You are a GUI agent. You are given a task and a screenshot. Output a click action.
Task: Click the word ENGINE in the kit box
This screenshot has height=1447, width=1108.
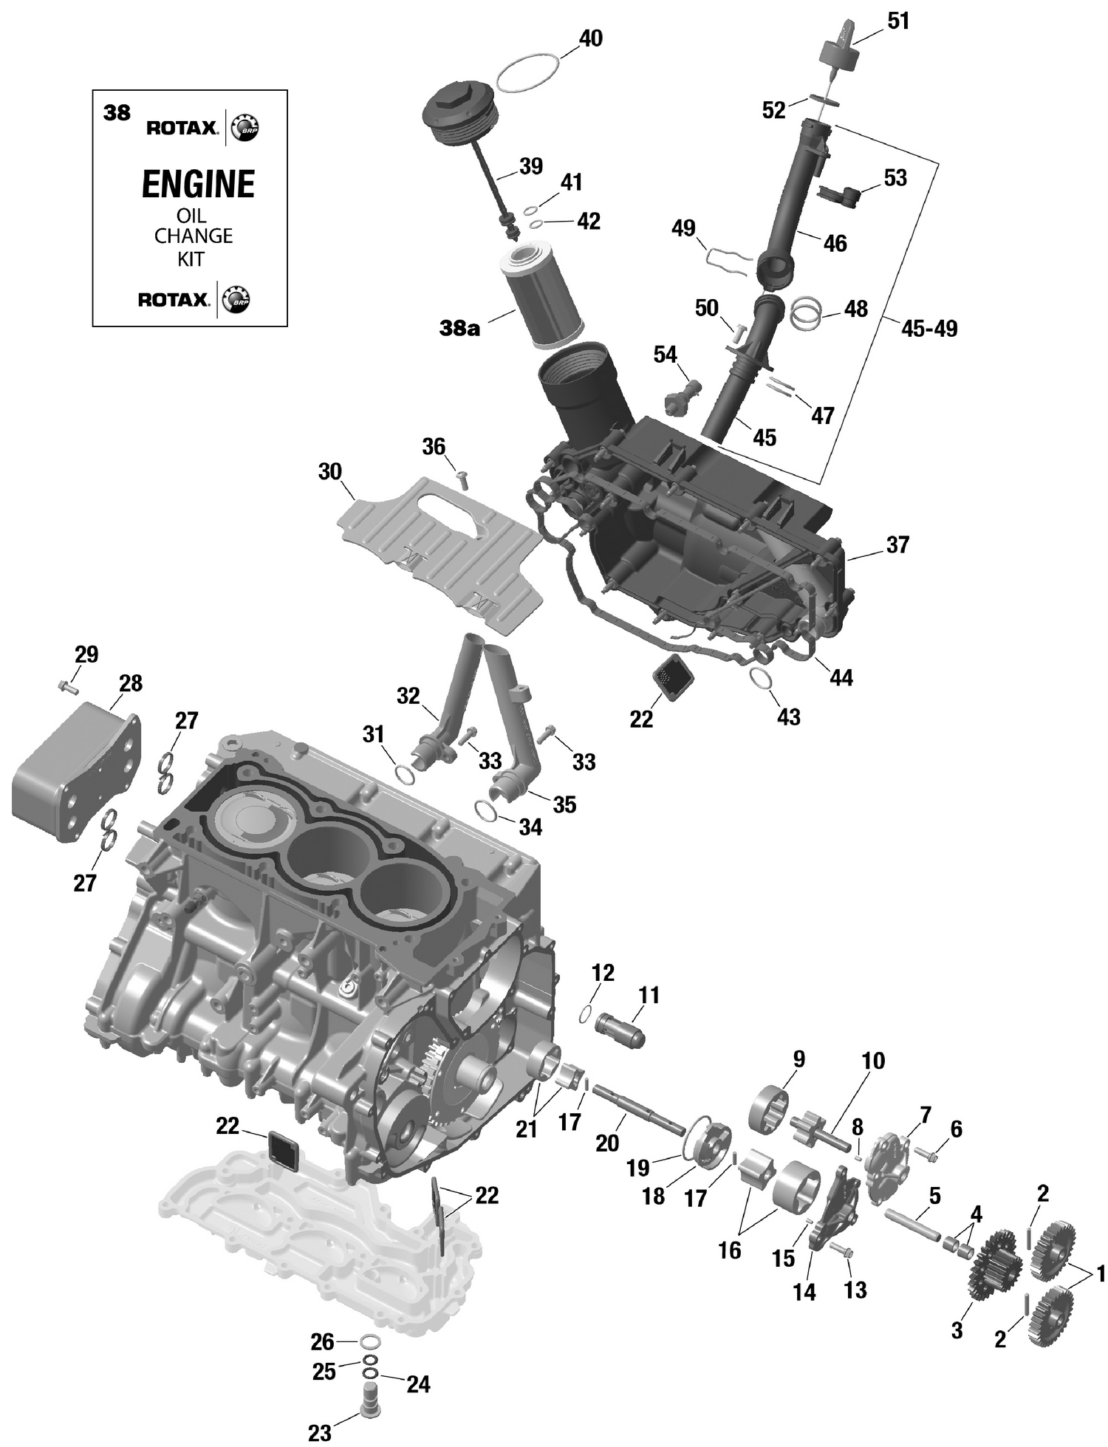[x=198, y=184]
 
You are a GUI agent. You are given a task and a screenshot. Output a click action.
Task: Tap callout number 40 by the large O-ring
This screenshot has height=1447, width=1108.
[x=590, y=38]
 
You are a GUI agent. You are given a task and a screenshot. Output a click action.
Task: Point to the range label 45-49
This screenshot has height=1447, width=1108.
[x=929, y=329]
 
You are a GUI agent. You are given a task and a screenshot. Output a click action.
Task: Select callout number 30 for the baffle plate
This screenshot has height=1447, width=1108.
[x=329, y=471]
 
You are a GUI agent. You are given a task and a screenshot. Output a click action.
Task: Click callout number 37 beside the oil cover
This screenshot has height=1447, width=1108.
[x=897, y=545]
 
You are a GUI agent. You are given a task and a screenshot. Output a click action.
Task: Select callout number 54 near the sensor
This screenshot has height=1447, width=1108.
[x=665, y=355]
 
